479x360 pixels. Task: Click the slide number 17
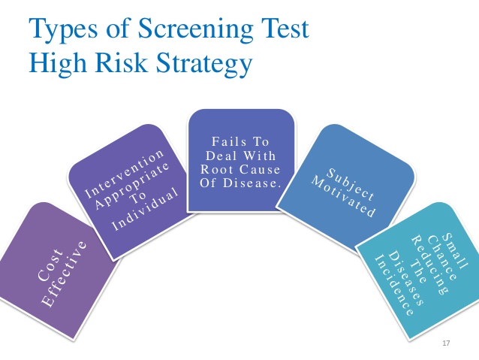[446, 343]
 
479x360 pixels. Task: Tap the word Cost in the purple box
[50, 265]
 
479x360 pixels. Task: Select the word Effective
[65, 274]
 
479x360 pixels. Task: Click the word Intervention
[125, 174]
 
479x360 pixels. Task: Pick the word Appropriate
[132, 186]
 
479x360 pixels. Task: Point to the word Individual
[145, 209]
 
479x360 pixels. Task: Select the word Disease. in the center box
[252, 183]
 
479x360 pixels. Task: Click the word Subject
[351, 184]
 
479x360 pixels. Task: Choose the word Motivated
[343, 197]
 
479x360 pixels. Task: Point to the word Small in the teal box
[455, 251]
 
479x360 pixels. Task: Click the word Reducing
[429, 265]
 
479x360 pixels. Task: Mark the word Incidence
[394, 285]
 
